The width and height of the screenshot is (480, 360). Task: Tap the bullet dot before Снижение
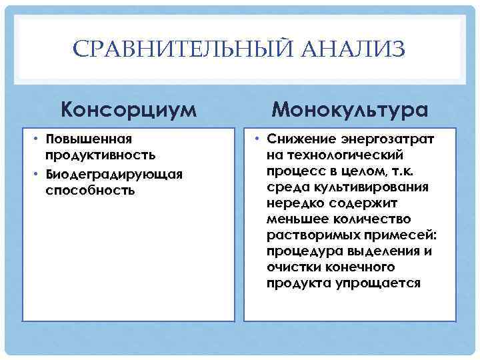[x=258, y=140]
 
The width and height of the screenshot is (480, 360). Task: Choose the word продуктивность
[x=100, y=155]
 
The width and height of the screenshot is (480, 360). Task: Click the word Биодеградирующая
[x=113, y=174]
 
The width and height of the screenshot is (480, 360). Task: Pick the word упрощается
[x=382, y=283]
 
